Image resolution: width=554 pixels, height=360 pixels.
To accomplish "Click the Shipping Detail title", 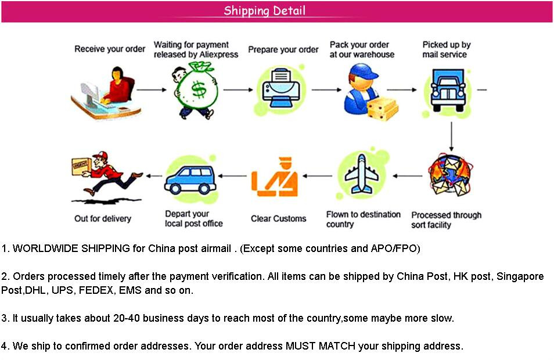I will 265,10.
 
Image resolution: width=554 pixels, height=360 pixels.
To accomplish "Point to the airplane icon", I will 362,174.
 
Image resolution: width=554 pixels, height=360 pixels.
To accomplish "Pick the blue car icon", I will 190,178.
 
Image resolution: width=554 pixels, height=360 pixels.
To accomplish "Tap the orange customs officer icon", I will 276,177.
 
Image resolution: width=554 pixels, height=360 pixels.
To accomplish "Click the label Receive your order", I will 110,49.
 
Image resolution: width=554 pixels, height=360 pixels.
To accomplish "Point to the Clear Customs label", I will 278,219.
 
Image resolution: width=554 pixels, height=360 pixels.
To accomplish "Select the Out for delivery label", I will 103,219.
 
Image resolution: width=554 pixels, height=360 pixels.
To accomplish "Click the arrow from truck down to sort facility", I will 451,136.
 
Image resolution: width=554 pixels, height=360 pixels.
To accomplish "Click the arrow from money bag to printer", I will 238,90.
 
